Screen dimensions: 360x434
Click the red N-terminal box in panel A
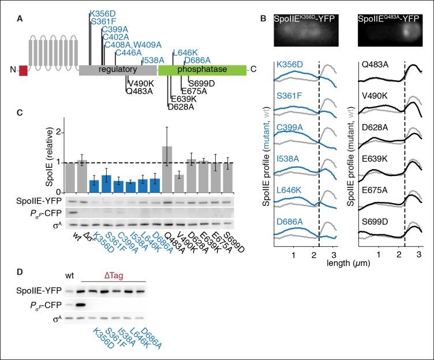click(x=23, y=70)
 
